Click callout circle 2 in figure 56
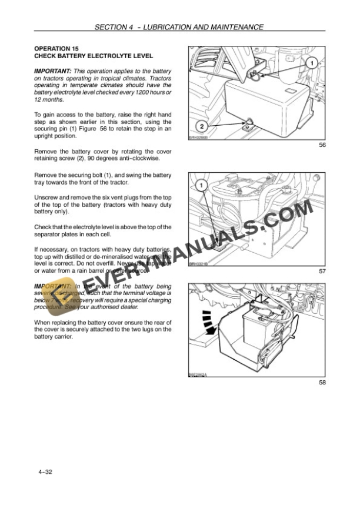201,126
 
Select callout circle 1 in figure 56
312,63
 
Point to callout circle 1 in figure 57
201,186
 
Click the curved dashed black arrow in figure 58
206,321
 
